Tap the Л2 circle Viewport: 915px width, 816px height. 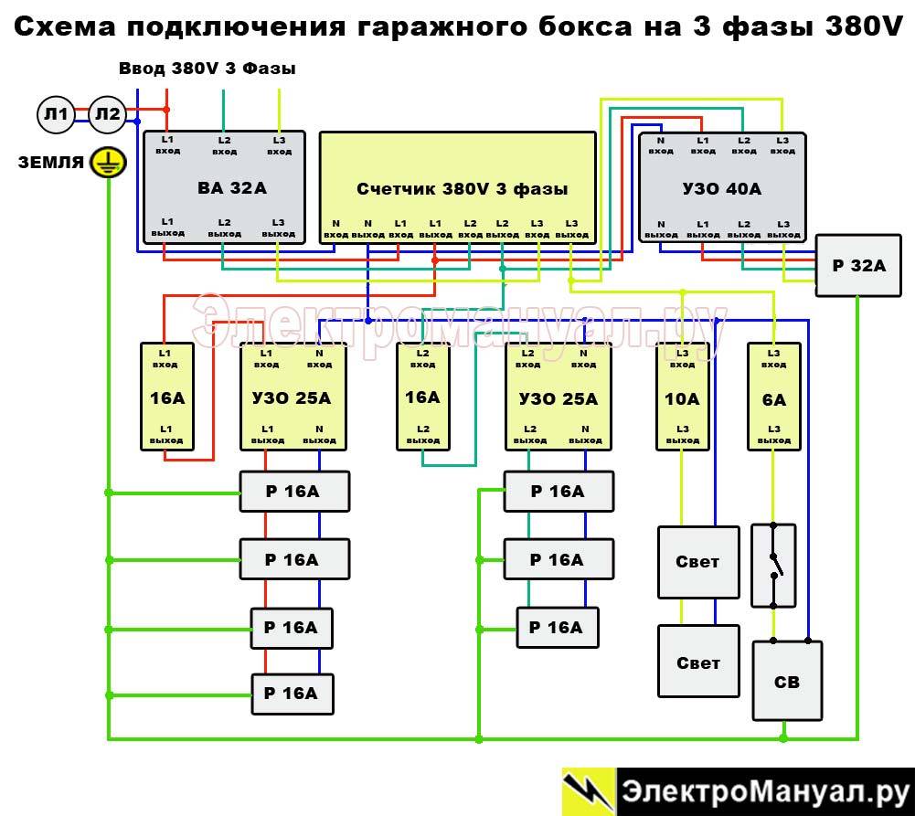(x=108, y=114)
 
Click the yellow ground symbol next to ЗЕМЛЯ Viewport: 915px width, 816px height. (x=109, y=164)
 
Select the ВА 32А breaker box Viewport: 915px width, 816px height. (x=226, y=188)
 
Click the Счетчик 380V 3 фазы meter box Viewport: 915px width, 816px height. (x=458, y=188)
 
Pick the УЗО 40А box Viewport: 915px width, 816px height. (x=722, y=188)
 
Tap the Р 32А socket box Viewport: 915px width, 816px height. (x=858, y=266)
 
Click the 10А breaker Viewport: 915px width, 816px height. (x=682, y=397)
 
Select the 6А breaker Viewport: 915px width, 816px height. (x=773, y=397)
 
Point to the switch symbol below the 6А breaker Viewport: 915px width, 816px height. (x=773, y=565)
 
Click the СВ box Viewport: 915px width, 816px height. (x=787, y=681)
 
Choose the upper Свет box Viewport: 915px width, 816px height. (x=698, y=562)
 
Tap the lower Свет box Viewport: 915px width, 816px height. (x=698, y=662)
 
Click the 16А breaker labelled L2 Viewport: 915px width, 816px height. (x=422, y=397)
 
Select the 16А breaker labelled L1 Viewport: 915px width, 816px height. (x=166, y=397)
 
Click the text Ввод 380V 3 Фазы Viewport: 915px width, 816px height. (x=207, y=69)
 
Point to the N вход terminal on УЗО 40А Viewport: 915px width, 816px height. (x=660, y=145)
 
